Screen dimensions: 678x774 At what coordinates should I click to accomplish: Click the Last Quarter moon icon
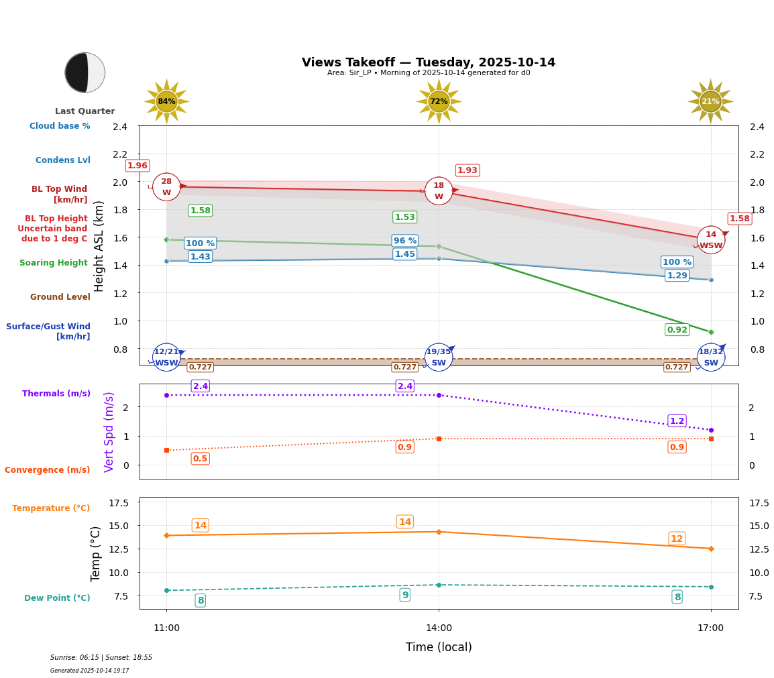pos(85,72)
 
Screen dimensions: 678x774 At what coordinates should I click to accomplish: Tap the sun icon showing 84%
pos(166,101)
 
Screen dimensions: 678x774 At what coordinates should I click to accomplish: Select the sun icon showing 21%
pos(710,101)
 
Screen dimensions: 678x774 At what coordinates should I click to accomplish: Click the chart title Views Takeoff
pos(428,62)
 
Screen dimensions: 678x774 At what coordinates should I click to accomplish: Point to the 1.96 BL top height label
pos(137,166)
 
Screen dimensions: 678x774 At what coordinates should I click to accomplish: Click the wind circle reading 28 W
pos(166,187)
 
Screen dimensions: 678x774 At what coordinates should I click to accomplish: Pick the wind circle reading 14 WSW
pos(711,240)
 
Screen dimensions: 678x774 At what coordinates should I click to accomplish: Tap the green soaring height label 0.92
pos(677,329)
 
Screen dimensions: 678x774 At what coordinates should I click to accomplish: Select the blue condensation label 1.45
pos(404,254)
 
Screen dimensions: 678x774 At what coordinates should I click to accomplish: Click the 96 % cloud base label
pos(404,241)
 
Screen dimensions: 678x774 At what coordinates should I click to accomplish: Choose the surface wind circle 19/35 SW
pos(439,357)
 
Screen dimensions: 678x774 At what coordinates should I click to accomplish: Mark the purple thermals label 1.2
pos(677,421)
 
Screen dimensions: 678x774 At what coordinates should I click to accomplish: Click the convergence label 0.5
pos(200,459)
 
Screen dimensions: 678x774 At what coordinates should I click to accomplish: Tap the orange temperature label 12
pos(677,539)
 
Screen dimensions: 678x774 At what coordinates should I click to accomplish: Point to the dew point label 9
pos(404,595)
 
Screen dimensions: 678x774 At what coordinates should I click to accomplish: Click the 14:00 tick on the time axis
pos(439,628)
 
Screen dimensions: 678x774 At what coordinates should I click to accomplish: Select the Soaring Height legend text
pos(54,263)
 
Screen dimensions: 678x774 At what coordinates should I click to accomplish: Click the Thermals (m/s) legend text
pos(56,394)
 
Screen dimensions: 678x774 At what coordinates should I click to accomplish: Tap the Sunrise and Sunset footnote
pos(101,658)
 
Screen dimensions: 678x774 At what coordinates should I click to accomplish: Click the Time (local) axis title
pos(439,647)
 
